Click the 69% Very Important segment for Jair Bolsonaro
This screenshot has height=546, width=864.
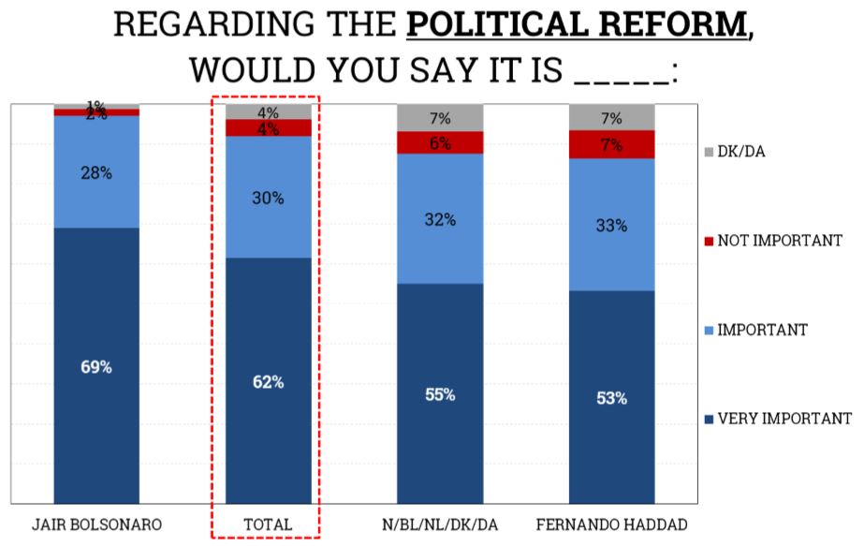(96, 366)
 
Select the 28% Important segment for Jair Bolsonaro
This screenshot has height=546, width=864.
(96, 172)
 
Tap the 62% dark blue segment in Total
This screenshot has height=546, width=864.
(268, 381)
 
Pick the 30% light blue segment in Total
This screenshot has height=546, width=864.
(268, 198)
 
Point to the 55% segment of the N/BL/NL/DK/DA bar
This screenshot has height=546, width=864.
(440, 394)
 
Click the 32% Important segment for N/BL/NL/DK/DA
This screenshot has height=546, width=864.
(440, 219)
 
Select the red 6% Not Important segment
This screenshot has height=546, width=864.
(440, 143)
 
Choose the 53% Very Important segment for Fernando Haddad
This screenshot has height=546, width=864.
(611, 398)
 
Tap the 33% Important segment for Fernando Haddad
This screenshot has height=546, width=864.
(611, 225)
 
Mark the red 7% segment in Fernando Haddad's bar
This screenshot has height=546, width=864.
(611, 145)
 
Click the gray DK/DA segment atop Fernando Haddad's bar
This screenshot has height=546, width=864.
(611, 118)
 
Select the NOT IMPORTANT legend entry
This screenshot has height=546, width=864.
(773, 241)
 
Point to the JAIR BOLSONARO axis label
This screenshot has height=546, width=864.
(96, 524)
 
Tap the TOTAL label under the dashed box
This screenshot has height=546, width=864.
(268, 524)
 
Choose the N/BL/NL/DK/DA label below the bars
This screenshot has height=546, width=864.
(440, 524)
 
